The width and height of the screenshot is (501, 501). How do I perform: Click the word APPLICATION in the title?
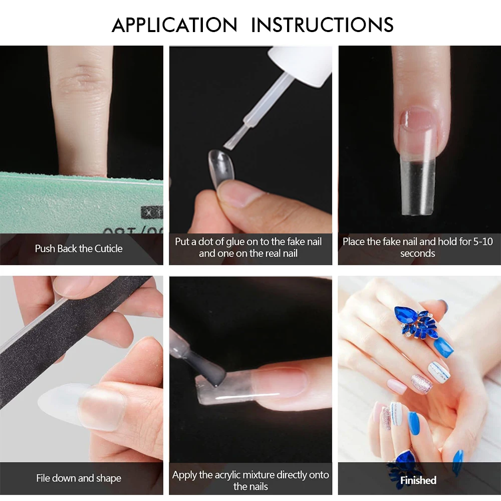tap(174, 25)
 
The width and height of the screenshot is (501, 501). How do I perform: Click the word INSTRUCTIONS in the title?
tap(322, 25)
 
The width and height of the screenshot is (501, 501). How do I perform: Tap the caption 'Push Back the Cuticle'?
tap(79, 248)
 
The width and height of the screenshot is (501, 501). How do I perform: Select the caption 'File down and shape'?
tap(79, 478)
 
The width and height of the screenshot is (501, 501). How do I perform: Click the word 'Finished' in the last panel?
tap(418, 480)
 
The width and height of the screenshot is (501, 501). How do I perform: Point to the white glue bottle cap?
tap(300, 65)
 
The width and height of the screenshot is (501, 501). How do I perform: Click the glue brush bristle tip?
tap(230, 143)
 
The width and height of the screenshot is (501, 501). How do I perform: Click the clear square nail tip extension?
tap(417, 187)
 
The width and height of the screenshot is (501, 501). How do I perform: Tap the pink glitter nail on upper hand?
tap(421, 384)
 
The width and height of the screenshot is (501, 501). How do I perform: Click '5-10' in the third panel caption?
tap(483, 241)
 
